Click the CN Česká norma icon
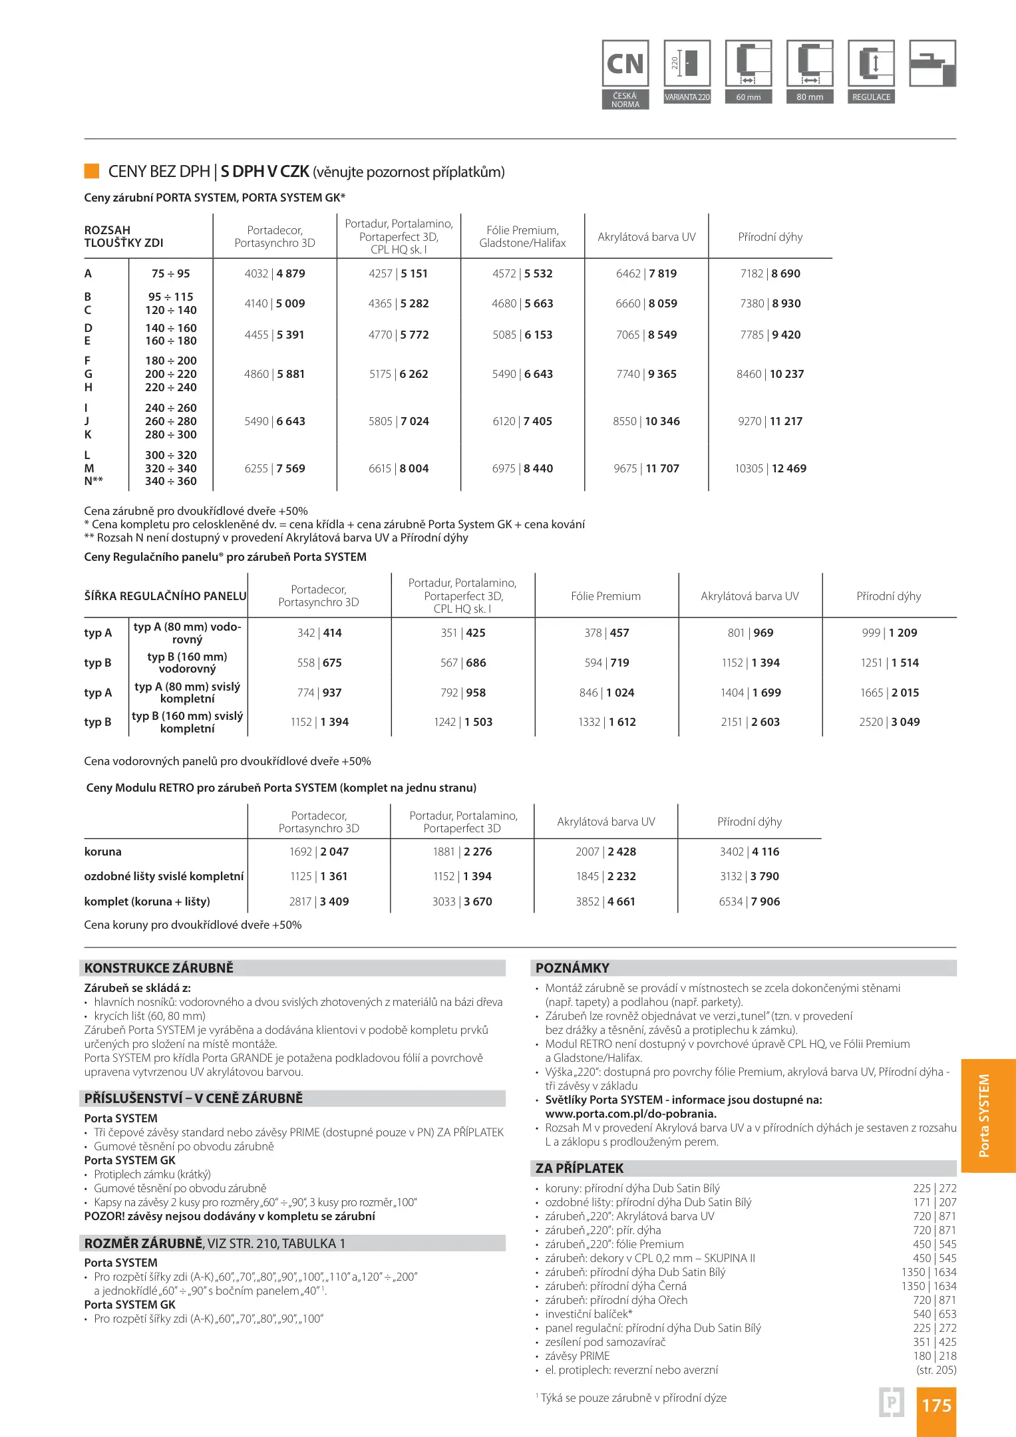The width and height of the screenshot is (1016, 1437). coord(625,73)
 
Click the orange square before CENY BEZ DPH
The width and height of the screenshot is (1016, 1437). coord(92,171)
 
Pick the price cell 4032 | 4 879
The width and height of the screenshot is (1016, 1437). coord(275,273)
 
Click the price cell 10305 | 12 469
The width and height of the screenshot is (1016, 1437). coord(770,468)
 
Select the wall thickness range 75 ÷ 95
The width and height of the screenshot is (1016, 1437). coord(170,273)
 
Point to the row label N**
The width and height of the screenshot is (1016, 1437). coord(94,481)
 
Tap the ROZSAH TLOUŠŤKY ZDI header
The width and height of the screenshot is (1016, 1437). coord(124,236)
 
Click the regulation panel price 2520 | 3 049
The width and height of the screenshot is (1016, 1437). coord(889,722)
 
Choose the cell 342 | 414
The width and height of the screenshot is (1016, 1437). coord(319,633)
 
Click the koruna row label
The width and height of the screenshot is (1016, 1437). coord(103,852)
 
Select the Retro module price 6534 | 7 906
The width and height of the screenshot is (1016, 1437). coord(749,901)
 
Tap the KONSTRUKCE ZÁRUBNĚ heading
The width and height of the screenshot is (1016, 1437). coord(159,968)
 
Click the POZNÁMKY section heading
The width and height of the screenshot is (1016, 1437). coord(572,968)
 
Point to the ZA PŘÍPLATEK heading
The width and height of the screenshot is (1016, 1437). coord(580,1168)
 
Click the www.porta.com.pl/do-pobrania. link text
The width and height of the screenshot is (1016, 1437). coord(631,1114)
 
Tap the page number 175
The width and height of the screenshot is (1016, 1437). coord(936,1405)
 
